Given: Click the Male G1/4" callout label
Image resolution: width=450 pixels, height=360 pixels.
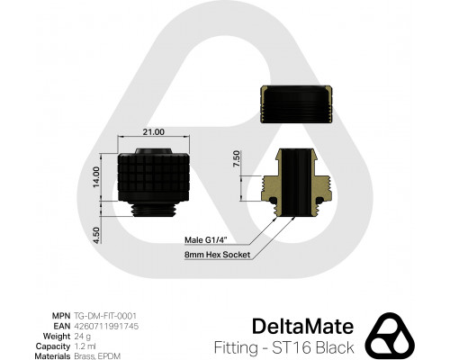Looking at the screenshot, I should [x=204, y=238].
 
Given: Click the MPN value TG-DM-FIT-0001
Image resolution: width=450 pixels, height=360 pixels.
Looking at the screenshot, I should [x=104, y=316].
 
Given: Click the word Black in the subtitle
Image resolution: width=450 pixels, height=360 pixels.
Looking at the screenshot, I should [x=336, y=346].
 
